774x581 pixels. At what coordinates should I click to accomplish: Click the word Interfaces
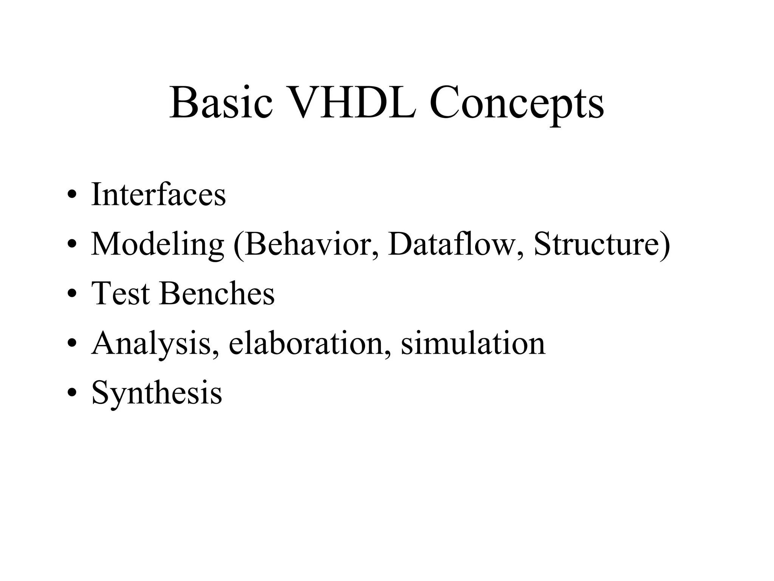[x=158, y=194]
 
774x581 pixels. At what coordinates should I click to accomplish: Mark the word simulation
[x=473, y=343]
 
